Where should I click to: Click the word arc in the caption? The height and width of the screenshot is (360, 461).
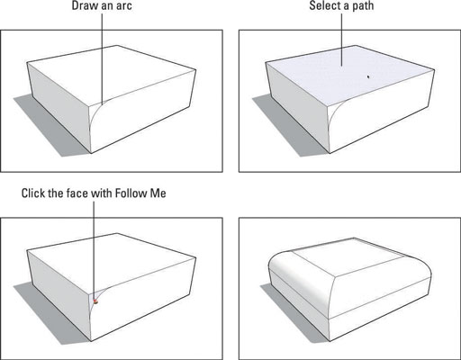tap(123, 6)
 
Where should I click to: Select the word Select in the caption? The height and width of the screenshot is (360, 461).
tap(324, 5)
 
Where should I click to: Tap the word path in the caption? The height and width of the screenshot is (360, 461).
tap(363, 6)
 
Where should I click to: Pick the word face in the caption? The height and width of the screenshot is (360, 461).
tap(77, 193)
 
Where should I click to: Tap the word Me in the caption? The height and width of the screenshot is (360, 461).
tap(158, 193)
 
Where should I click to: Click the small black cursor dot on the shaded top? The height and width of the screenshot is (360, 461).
tap(368, 76)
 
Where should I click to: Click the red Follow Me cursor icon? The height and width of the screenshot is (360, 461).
tap(95, 301)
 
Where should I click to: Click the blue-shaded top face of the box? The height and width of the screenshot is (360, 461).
tap(349, 74)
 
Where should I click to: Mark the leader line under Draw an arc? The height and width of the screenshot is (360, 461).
tap(102, 58)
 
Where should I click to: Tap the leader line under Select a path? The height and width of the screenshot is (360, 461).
tap(341, 40)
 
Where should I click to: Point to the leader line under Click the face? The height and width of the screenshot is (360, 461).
tap(94, 251)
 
